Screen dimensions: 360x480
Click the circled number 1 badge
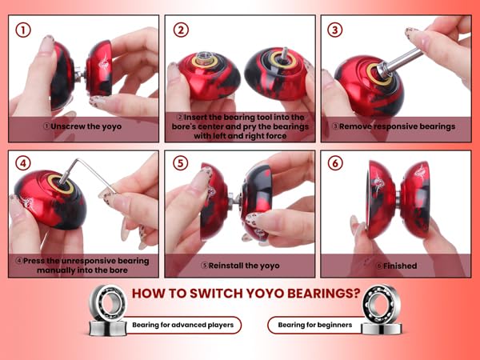[25, 30]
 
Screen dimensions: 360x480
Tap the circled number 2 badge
[181, 30]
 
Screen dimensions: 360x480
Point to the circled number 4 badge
[25, 163]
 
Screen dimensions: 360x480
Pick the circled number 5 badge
[181, 163]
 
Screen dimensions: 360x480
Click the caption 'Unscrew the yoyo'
[82, 126]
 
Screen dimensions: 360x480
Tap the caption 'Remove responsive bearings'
[394, 126]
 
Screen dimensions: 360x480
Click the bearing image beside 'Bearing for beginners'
[380, 310]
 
